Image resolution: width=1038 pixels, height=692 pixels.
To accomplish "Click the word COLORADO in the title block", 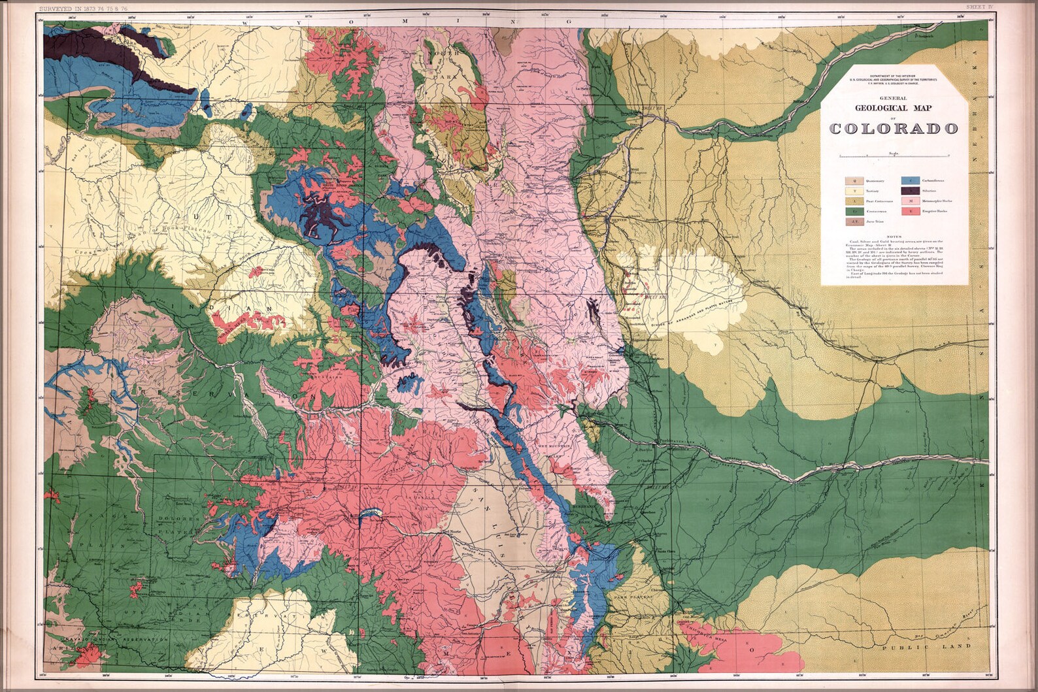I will click(894, 128).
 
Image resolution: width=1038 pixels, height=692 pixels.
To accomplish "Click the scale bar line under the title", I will click(894, 156).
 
